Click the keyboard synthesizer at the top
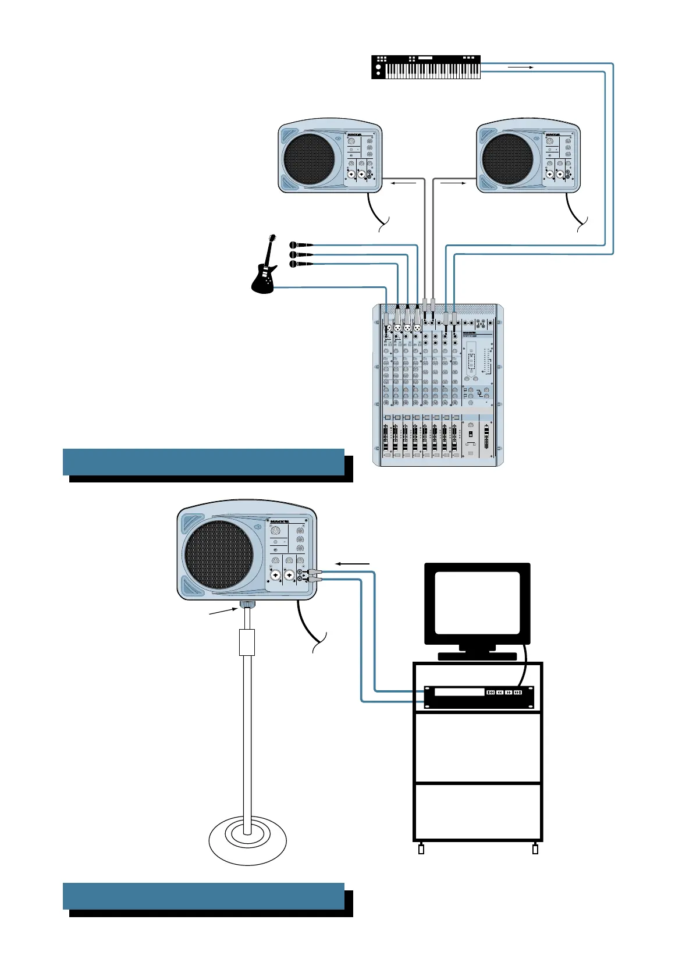click(x=427, y=67)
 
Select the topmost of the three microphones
click(x=300, y=245)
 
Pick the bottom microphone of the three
click(x=300, y=264)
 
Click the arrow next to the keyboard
click(x=521, y=68)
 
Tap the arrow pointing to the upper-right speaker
click(x=454, y=183)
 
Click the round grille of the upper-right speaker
click(x=508, y=159)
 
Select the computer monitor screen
click(x=477, y=602)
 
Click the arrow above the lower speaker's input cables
click(x=353, y=563)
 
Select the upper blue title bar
click(x=204, y=461)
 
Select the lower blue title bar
click(x=204, y=896)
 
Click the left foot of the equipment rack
click(x=422, y=849)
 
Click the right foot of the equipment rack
click(x=535, y=849)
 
